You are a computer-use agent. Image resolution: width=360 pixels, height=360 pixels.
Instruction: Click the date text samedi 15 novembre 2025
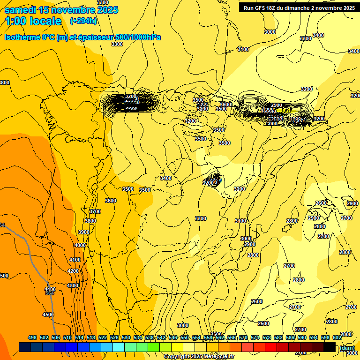61,10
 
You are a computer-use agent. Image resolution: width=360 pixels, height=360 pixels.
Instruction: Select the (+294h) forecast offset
83,21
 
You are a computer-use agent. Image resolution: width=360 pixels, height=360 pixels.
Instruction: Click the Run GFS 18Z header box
298,8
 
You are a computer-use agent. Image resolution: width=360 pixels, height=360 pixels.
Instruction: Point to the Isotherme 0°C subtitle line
82,37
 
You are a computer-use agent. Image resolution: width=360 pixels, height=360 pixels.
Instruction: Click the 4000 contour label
80,245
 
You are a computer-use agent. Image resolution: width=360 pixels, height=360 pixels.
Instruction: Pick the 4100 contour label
75,260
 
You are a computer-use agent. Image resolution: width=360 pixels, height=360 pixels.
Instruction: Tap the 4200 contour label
73,271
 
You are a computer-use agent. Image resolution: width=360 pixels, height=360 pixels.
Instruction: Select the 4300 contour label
73,285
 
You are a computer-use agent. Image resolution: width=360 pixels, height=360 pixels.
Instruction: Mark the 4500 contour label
48,315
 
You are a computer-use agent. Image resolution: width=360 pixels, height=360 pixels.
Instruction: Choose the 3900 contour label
84,232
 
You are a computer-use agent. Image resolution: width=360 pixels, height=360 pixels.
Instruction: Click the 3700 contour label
95,211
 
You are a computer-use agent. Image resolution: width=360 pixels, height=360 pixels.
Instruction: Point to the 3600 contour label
111,201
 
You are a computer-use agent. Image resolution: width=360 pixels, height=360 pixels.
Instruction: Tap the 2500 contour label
263,324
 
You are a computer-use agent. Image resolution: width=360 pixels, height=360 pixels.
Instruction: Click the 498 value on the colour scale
32,338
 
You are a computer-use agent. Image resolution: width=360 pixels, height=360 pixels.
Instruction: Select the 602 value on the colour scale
337,338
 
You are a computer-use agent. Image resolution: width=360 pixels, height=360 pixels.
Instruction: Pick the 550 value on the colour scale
185,338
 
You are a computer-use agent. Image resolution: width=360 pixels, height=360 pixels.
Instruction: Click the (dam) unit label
347,348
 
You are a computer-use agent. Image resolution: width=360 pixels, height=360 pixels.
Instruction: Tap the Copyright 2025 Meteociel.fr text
199,357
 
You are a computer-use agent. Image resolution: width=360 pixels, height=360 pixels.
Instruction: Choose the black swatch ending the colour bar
330,347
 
